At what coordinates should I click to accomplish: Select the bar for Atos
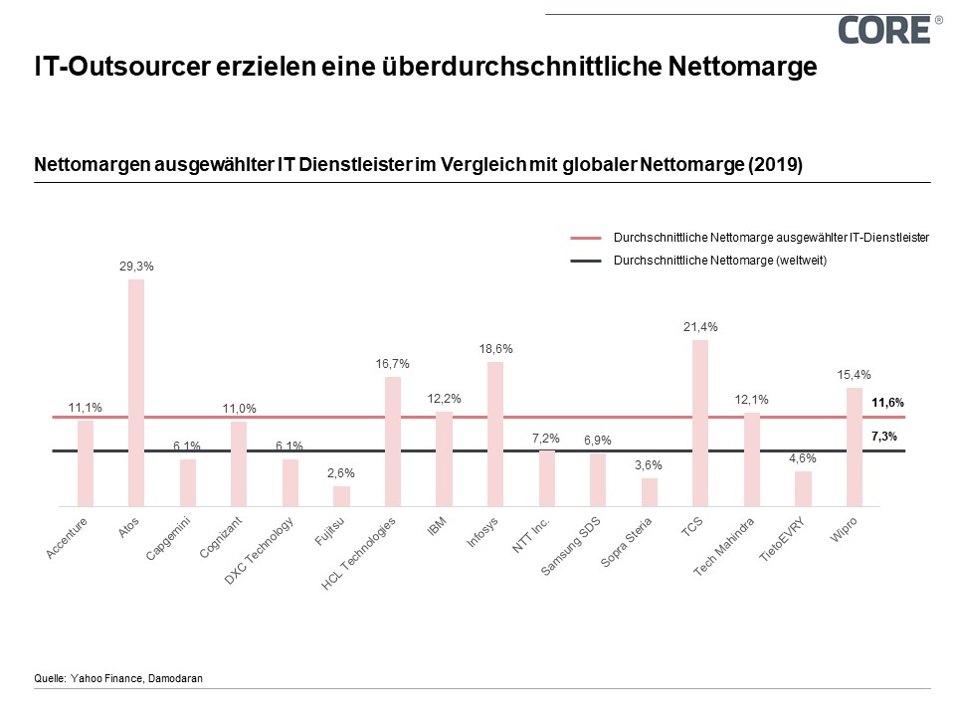136,393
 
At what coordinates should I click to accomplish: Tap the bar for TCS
700,423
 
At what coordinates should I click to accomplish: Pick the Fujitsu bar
341,496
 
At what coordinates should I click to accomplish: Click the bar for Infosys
495,434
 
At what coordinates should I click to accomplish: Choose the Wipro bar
854,447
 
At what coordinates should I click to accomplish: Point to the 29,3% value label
136,267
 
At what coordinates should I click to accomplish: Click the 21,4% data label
700,327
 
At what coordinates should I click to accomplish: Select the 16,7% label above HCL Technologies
393,364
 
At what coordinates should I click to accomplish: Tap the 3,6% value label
649,465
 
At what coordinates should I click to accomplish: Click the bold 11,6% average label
887,403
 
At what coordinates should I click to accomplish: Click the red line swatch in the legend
587,239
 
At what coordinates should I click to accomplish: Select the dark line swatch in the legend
587,260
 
